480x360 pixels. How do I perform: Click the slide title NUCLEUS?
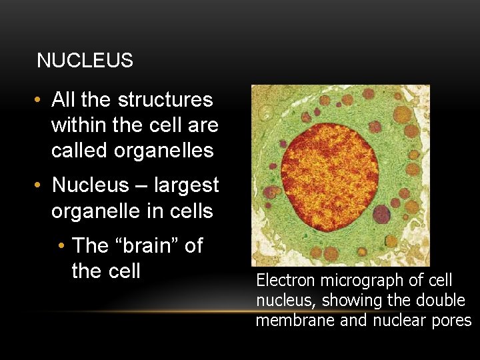tap(85, 61)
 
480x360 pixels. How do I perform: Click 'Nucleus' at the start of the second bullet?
tap(89, 185)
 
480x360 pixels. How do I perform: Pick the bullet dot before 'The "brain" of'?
tap(61, 246)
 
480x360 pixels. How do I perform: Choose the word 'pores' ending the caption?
tap(453, 321)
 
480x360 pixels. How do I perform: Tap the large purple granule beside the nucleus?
tap(381, 214)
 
